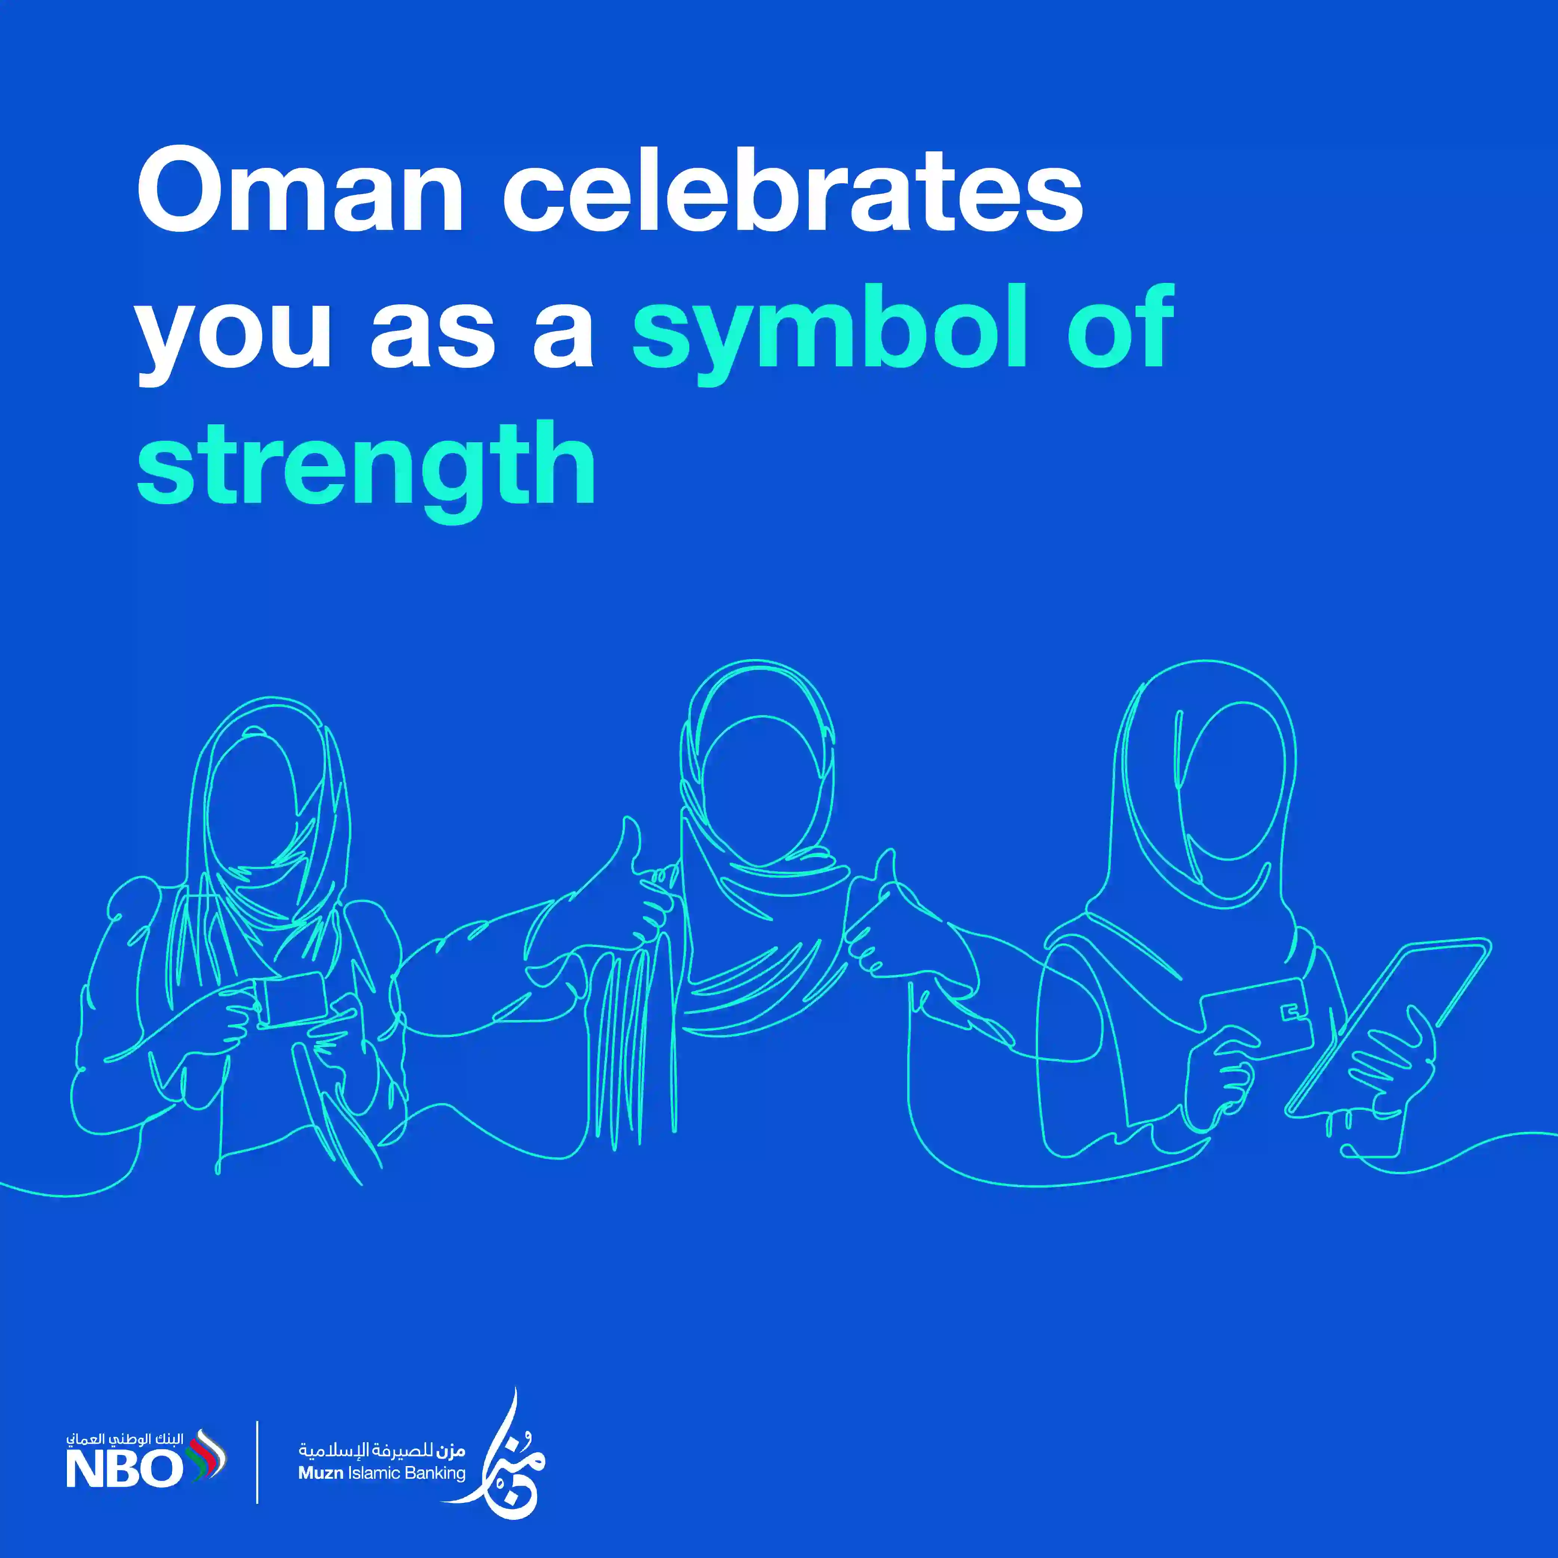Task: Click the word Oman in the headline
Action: click(300, 191)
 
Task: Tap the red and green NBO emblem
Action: click(206, 1458)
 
